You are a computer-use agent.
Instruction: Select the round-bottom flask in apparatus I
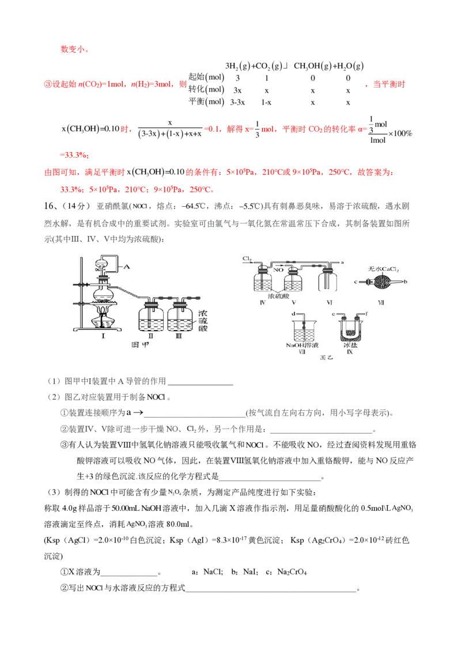pos(104,294)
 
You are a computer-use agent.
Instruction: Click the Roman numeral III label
pos(179,336)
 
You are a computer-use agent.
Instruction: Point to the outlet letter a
pos(343,262)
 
